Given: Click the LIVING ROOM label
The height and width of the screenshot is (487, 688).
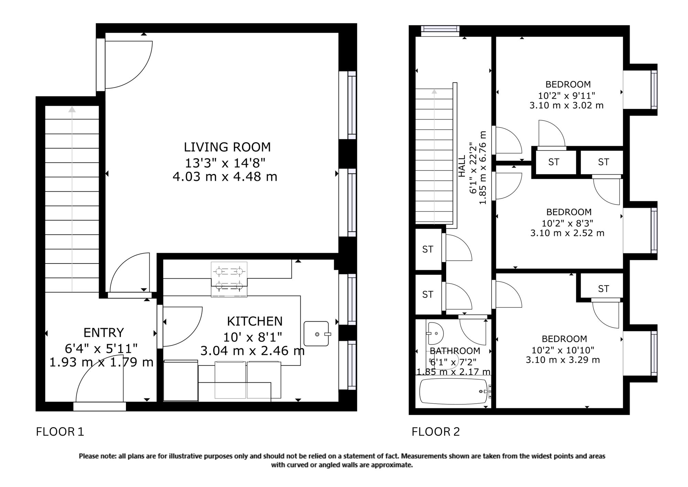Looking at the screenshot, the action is [227, 147].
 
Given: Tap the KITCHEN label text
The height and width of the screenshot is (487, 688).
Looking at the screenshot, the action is [255, 321].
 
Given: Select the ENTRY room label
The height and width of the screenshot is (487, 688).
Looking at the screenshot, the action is [104, 332].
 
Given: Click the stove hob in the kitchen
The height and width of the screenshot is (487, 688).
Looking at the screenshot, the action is [229, 279].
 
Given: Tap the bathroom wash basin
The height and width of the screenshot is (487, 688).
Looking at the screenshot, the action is [435, 333].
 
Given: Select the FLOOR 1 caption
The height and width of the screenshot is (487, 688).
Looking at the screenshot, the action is [60, 432].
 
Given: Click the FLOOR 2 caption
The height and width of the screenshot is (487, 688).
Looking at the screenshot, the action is [436, 432].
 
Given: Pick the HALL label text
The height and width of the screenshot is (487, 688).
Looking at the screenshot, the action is [462, 166].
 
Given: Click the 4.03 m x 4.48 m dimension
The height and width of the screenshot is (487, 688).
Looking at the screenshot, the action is [225, 177].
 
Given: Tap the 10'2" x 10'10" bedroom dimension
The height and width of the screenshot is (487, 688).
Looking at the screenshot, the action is [563, 350].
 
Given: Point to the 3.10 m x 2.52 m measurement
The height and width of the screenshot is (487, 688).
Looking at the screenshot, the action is [567, 233].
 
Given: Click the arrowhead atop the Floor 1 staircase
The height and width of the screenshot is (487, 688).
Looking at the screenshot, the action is [72, 109].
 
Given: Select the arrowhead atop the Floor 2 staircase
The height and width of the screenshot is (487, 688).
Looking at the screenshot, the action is [434, 91].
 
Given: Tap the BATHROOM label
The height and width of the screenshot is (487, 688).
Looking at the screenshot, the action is [455, 351].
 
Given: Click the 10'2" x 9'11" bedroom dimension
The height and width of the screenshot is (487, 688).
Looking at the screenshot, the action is [567, 95].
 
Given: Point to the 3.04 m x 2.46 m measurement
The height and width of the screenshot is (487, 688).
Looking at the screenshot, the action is [252, 351].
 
